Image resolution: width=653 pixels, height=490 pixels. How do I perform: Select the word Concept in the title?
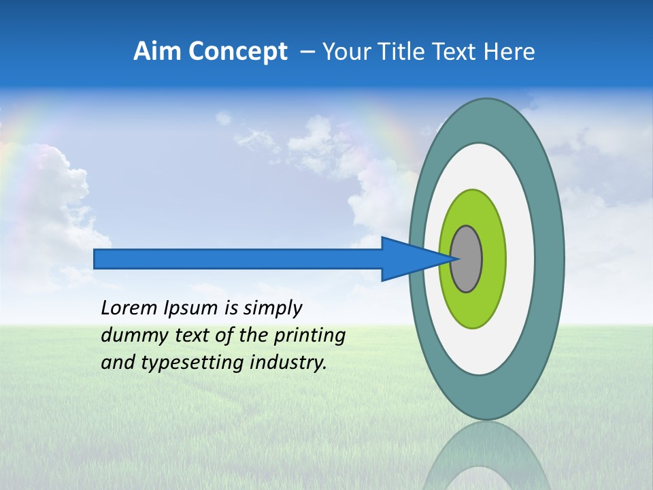(238, 52)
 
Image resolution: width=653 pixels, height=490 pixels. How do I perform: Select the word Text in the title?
(457, 52)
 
